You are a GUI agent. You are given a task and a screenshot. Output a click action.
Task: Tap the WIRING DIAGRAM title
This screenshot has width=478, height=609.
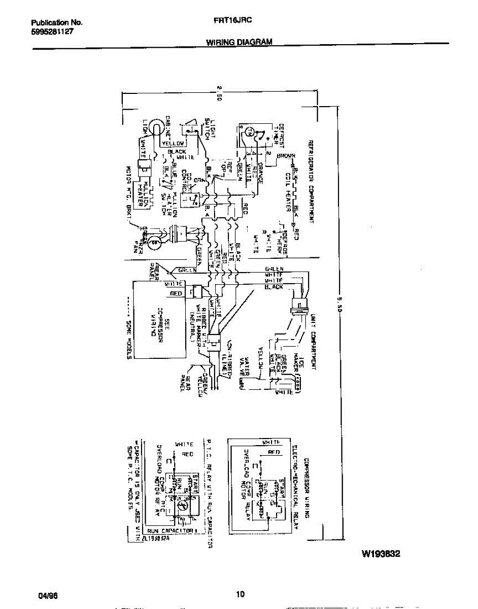coord(239,43)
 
